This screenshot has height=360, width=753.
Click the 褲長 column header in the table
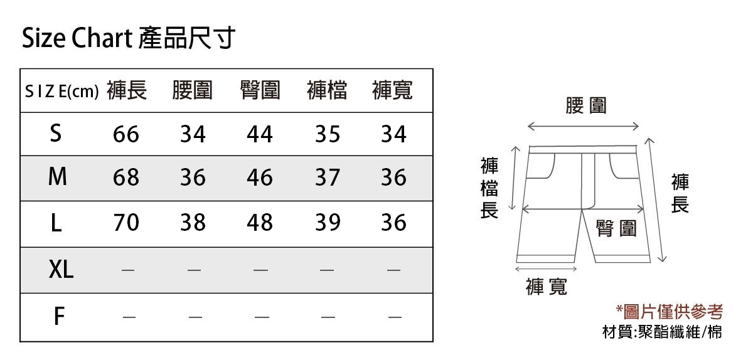tap(127, 91)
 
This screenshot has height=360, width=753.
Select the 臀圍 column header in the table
tap(260, 91)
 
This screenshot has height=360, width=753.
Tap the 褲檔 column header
tap(327, 91)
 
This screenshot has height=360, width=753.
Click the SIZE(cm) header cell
tap(61, 92)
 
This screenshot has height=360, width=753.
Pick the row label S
tap(56, 133)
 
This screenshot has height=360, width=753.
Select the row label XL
tap(61, 270)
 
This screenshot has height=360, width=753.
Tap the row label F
tap(58, 317)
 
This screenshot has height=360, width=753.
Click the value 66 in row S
tap(126, 134)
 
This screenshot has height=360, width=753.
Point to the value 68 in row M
tap(126, 178)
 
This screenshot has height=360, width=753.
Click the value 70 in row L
tap(126, 223)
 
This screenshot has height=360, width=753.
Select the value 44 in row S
tap(260, 134)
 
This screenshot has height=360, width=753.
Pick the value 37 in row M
tap(327, 178)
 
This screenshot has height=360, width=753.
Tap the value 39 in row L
tap(327, 223)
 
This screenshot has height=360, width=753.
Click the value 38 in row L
tap(193, 223)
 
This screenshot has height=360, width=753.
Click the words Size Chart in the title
tap(77, 39)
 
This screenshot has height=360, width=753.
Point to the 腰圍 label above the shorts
tap(586, 105)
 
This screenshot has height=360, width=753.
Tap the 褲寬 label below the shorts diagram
tap(547, 287)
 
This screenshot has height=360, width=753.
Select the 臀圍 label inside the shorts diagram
tap(616, 228)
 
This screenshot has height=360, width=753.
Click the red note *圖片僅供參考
tap(669, 311)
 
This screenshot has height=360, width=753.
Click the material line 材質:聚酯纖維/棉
tap(662, 331)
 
